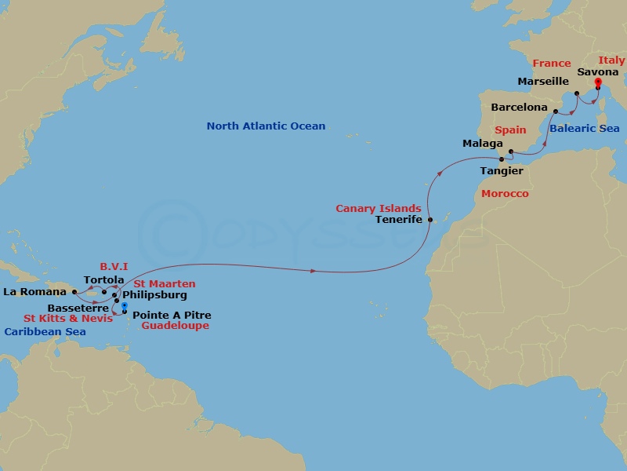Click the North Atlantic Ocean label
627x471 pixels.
[x=266, y=126]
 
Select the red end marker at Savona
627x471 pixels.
[x=597, y=82]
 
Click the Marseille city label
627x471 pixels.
[x=543, y=82]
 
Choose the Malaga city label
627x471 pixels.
[x=483, y=144]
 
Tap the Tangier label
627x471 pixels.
[x=502, y=170]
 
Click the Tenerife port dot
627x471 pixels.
[x=429, y=221]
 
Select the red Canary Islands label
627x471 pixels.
[x=379, y=209]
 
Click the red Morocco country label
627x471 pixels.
[x=505, y=194]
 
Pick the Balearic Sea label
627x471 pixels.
[x=584, y=129]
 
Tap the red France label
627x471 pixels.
[x=551, y=64]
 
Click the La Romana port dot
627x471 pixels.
[x=74, y=292]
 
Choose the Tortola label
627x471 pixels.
[x=103, y=280]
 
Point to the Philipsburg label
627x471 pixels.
[x=154, y=296]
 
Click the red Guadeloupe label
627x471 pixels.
[x=176, y=326]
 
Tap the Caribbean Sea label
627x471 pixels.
[x=45, y=332]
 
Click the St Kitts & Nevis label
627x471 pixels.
[x=67, y=319]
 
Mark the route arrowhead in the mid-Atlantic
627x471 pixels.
[x=313, y=272]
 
